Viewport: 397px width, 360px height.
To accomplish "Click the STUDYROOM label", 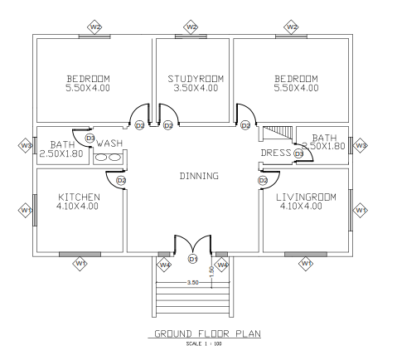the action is (196, 79).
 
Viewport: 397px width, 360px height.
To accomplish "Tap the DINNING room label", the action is (199, 176).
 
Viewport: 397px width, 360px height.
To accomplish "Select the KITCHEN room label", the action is (79, 197).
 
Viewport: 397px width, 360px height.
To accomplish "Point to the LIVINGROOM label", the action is (306, 197).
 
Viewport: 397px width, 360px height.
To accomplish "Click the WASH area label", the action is (109, 144).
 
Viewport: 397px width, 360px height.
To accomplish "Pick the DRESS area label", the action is (276, 153).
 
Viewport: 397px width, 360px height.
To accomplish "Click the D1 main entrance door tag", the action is (193, 259).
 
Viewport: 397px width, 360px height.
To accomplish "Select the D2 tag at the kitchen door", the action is (121, 181).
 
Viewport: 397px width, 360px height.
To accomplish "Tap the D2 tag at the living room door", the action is (263, 181).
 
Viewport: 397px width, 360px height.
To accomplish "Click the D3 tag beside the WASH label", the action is (90, 138).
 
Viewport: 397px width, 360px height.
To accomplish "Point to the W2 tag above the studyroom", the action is (191, 27).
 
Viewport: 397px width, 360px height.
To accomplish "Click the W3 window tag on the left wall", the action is (26, 145).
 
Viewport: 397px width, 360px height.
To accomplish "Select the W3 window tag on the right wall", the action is (361, 145).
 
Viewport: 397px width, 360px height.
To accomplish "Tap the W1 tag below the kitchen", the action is (80, 264).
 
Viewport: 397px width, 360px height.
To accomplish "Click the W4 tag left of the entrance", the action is (164, 265).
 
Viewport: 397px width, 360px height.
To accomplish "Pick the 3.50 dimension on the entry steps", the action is (192, 282).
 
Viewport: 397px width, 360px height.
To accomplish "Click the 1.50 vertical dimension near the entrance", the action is (212, 271).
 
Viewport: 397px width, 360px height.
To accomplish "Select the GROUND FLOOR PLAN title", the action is (207, 333).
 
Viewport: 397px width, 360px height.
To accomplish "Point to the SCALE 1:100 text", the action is (204, 344).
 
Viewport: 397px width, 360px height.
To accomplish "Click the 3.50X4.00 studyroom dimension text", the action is (196, 88).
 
